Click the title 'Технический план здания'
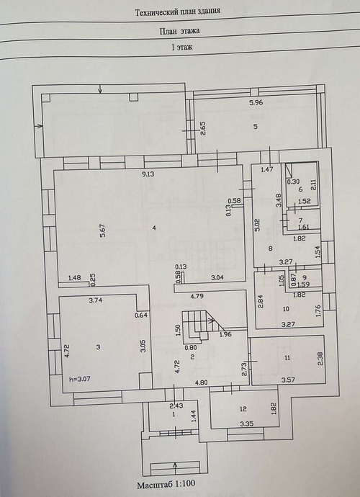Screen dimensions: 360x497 click(x=177, y=12)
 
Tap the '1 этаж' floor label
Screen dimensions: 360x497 click(x=182, y=48)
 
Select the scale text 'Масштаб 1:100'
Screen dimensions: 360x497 click(x=166, y=484)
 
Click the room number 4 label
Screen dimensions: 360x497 click(x=154, y=228)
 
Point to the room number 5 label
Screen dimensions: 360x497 click(x=256, y=127)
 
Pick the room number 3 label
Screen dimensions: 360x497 click(x=98, y=347)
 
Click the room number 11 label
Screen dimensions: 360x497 click(x=287, y=358)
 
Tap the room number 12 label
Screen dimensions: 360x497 click(x=243, y=409)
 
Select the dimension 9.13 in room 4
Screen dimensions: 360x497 click(x=148, y=174)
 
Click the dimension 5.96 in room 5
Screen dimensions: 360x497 click(x=256, y=102)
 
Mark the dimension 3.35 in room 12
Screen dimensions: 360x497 click(x=247, y=423)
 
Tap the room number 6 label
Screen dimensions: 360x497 click(x=300, y=189)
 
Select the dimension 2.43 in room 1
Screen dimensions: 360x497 click(x=176, y=405)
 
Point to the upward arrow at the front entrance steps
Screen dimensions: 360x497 click(x=175, y=467)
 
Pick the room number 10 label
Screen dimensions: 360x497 click(x=286, y=308)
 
